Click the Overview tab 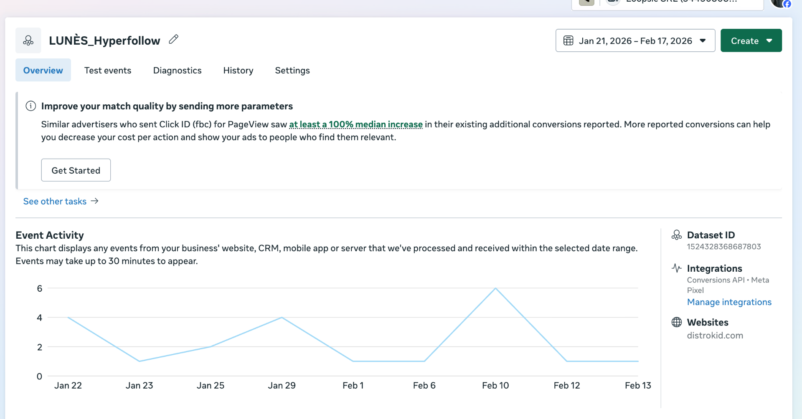pos(43,71)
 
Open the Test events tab pos(108,71)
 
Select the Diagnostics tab pos(177,71)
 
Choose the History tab pos(238,71)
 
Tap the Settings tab pos(292,71)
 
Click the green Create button pos(751,41)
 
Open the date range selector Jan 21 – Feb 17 pos(635,41)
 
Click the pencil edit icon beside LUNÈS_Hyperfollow pos(174,40)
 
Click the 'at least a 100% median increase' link pos(356,124)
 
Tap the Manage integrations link pos(729,302)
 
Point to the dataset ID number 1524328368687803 pos(723,247)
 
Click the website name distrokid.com pos(715,336)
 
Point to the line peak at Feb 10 pos(495,288)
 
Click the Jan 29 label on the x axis pos(282,386)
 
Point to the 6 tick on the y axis pos(40,288)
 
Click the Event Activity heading pos(50,235)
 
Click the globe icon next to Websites pos(676,322)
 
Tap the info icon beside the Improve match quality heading pos(31,106)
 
